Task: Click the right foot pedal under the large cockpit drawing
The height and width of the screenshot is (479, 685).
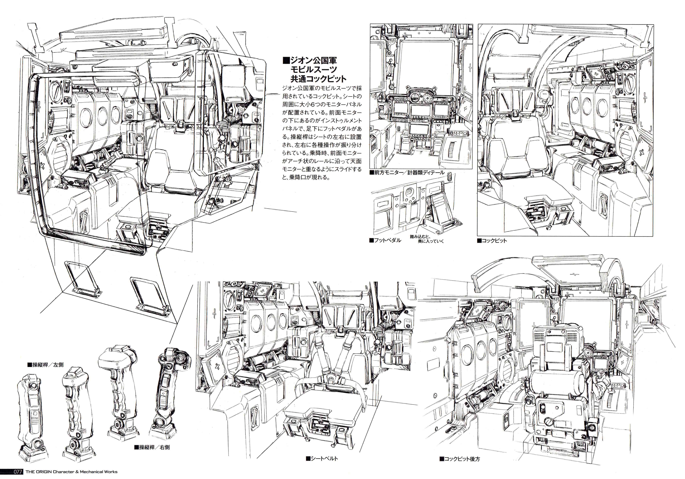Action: [x=151, y=294]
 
